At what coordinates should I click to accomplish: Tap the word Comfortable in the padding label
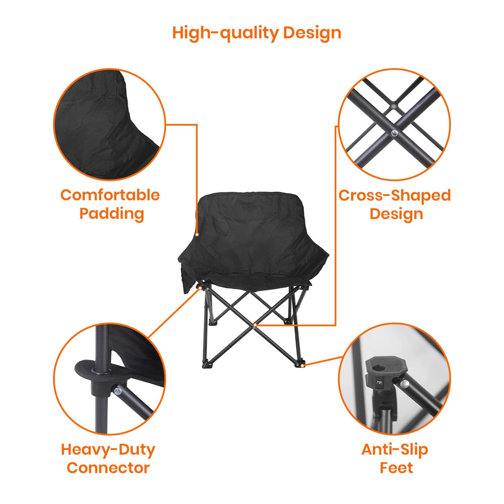click(x=110, y=195)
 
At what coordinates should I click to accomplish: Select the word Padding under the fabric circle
click(x=112, y=214)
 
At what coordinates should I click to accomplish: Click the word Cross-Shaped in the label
click(x=394, y=196)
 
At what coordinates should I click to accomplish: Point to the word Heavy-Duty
click(x=108, y=450)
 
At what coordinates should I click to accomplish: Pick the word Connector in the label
click(x=108, y=468)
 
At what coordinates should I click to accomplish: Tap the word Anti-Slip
click(x=394, y=450)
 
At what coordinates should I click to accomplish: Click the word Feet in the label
click(x=396, y=468)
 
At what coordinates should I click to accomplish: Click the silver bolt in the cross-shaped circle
click(x=394, y=133)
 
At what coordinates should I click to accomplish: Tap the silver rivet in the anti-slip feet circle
click(x=405, y=384)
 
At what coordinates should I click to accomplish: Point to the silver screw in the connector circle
click(x=118, y=391)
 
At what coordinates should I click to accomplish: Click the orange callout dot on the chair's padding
click(x=197, y=235)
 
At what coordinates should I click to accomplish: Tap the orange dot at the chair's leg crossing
click(x=255, y=325)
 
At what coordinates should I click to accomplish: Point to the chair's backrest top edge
click(x=248, y=194)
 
